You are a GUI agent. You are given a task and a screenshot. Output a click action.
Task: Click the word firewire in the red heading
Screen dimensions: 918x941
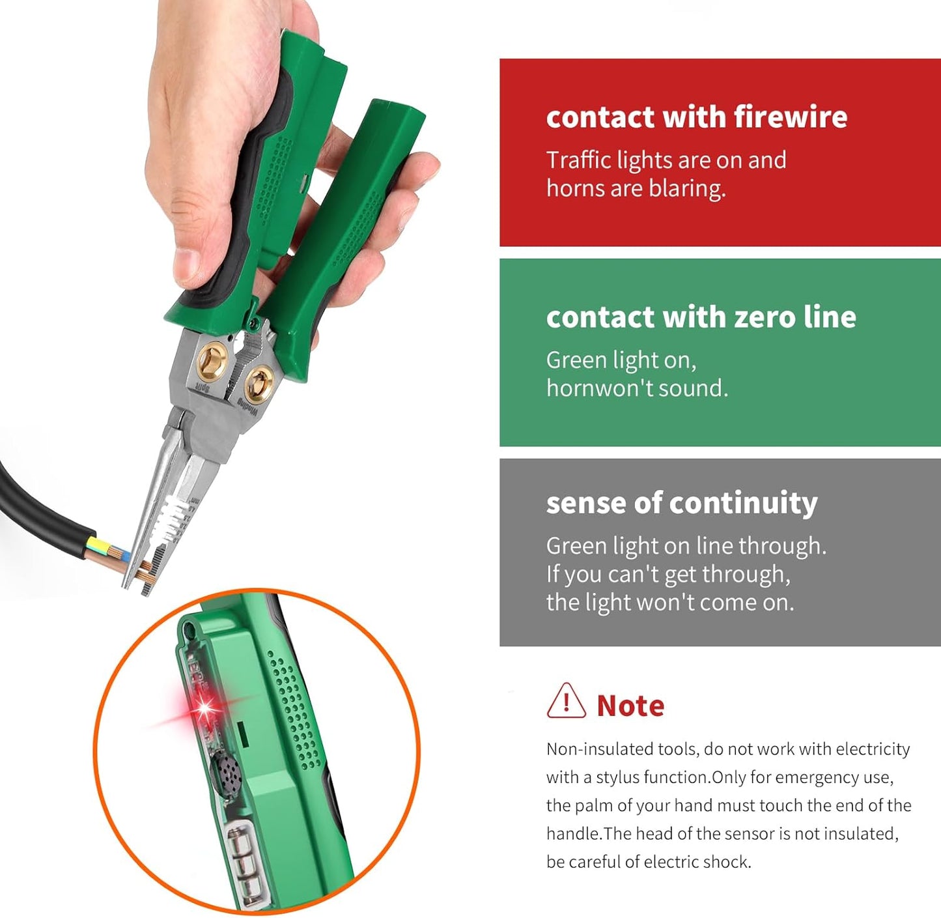click(x=790, y=117)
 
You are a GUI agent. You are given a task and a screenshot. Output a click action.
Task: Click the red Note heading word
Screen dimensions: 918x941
click(x=630, y=706)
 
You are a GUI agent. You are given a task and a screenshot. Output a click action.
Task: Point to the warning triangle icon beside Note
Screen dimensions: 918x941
click(x=566, y=701)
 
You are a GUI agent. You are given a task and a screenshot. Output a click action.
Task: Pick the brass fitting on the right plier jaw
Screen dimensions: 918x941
click(x=259, y=382)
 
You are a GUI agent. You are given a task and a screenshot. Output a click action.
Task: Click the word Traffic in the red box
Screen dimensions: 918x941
click(x=578, y=160)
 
